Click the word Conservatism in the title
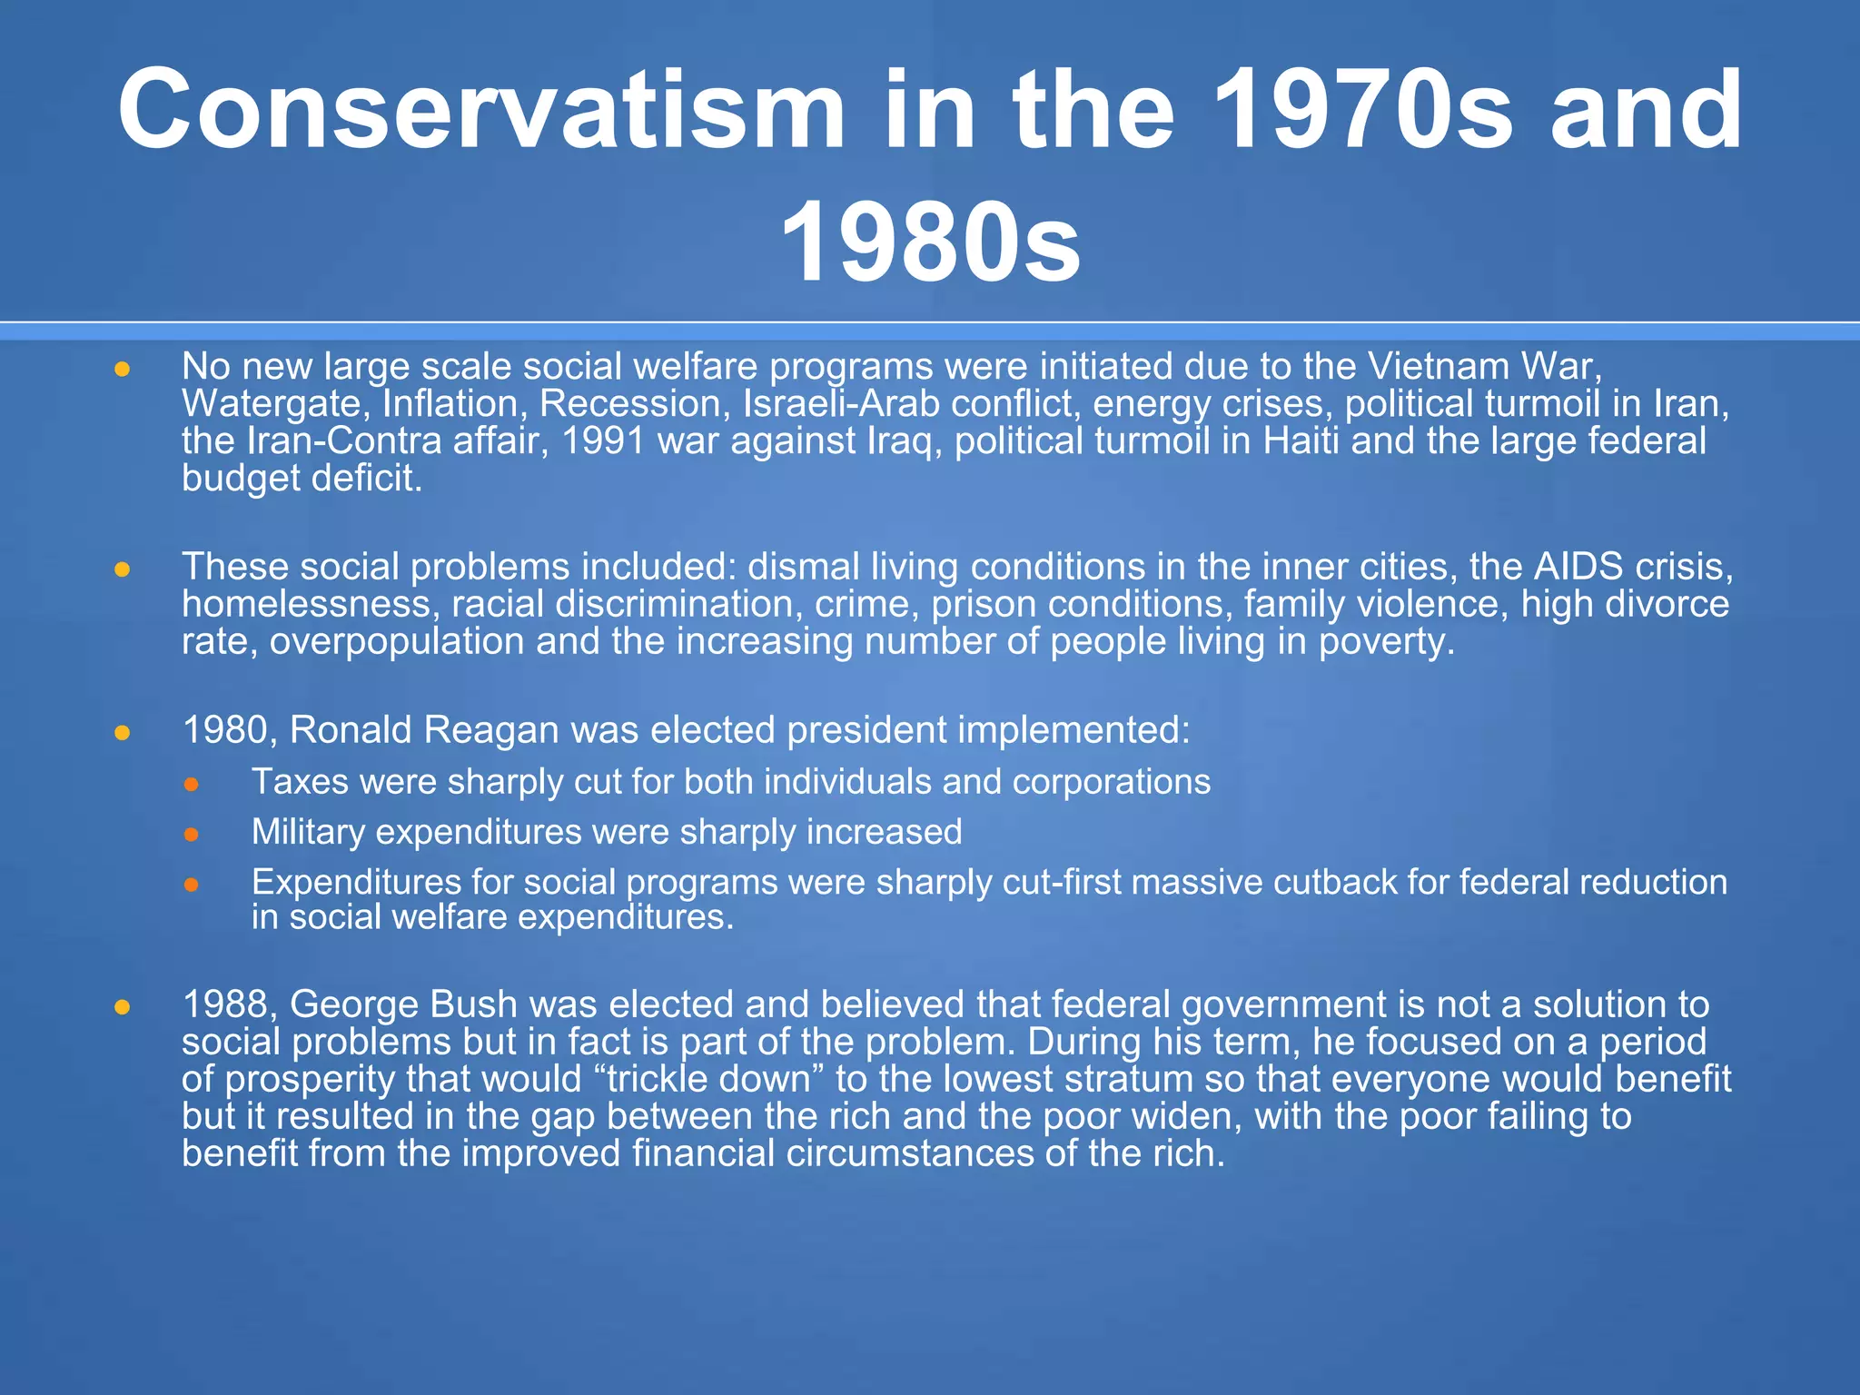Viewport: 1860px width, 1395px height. [x=481, y=111]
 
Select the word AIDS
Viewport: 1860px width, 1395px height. [x=1578, y=567]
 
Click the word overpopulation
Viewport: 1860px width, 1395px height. [x=397, y=641]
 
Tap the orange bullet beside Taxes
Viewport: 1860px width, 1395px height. [x=191, y=784]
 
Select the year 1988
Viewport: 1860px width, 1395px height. [x=230, y=1004]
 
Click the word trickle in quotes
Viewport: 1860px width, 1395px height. [x=657, y=1079]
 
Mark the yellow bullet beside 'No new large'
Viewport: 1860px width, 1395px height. [x=123, y=370]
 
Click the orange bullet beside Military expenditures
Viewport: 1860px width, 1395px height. [x=191, y=834]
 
